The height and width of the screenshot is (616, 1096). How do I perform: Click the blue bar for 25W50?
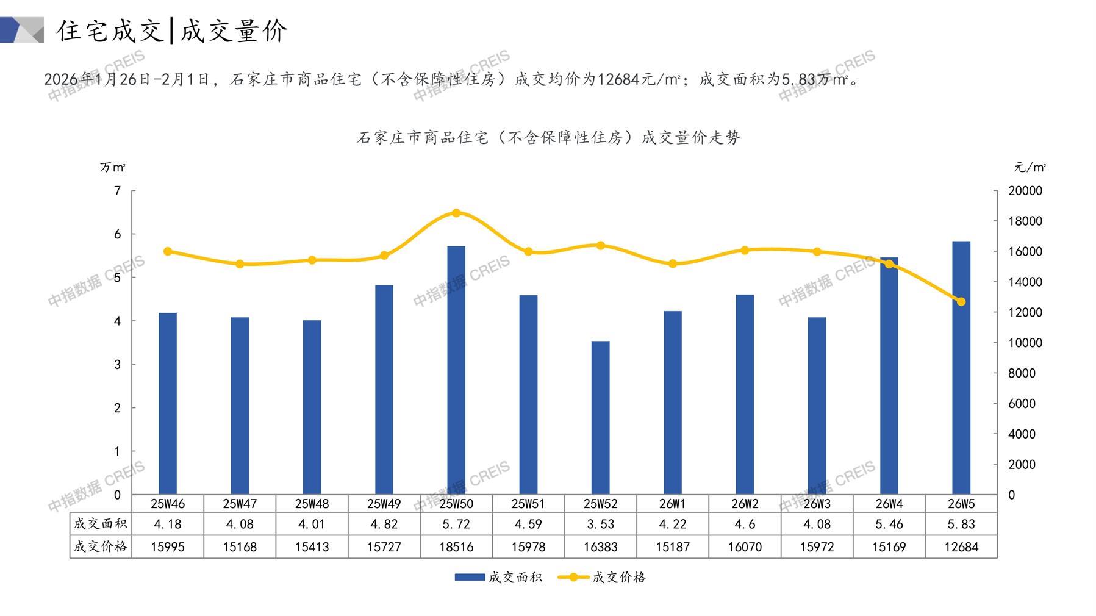456,370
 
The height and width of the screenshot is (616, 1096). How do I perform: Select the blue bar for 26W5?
961,368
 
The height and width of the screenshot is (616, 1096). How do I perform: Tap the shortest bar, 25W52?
600,418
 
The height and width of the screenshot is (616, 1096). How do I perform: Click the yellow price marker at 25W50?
456,213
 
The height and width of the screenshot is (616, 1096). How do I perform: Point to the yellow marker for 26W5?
961,302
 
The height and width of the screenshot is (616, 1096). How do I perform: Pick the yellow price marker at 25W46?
168,251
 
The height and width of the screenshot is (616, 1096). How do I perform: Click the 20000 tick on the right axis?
1025,191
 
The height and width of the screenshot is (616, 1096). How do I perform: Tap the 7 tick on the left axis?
118,191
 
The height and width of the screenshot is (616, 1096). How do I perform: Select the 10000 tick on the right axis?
1025,343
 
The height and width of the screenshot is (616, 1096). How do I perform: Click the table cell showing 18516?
456,547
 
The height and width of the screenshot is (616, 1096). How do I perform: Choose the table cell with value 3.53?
600,524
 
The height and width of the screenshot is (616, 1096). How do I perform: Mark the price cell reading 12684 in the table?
961,547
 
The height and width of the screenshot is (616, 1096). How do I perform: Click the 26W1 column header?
672,504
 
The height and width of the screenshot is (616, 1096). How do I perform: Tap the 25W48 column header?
312,504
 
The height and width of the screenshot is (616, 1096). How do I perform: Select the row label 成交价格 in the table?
101,546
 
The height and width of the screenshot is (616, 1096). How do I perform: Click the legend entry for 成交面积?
498,577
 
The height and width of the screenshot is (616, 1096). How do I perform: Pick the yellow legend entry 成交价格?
603,577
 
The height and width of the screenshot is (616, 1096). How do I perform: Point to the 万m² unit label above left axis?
113,167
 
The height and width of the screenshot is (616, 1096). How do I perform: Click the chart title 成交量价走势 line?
548,138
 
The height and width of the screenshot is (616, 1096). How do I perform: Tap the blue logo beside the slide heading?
22,30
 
